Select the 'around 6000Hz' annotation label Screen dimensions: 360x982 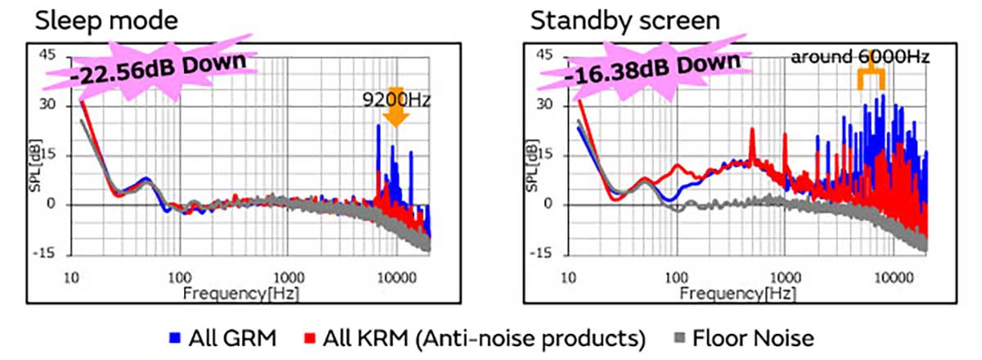[859, 56]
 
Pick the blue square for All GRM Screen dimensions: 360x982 [175, 337]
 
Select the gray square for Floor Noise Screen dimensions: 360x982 [678, 337]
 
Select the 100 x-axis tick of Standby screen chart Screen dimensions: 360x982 [677, 277]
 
